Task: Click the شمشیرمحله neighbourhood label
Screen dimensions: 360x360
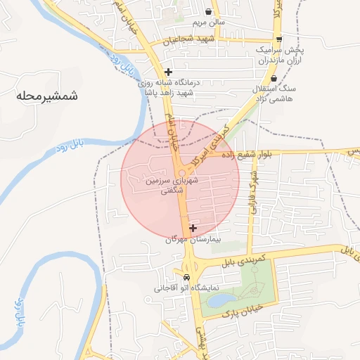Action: [x=46, y=94]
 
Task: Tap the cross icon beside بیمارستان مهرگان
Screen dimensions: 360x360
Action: [x=193, y=228]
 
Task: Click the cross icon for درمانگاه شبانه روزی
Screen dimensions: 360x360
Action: [x=168, y=72]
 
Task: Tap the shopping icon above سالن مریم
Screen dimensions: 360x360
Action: [x=209, y=11]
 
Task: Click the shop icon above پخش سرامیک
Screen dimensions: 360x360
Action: [x=280, y=39]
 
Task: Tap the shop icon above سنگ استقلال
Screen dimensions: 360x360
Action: [x=274, y=78]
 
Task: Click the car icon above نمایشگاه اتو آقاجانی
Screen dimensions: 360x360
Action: [x=186, y=277]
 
